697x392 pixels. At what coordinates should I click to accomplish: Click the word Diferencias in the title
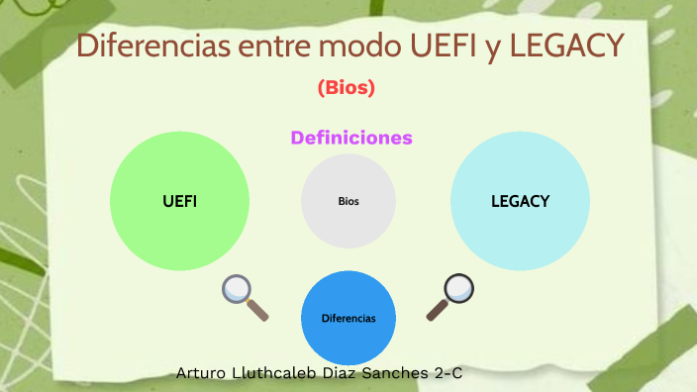(x=141, y=46)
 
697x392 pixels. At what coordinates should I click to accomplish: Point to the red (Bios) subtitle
(x=346, y=88)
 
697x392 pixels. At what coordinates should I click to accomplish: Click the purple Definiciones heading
(x=351, y=138)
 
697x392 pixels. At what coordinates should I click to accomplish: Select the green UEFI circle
(x=179, y=201)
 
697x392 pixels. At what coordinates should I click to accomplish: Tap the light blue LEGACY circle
(x=520, y=201)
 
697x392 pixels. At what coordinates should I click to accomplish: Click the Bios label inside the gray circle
(x=348, y=201)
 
